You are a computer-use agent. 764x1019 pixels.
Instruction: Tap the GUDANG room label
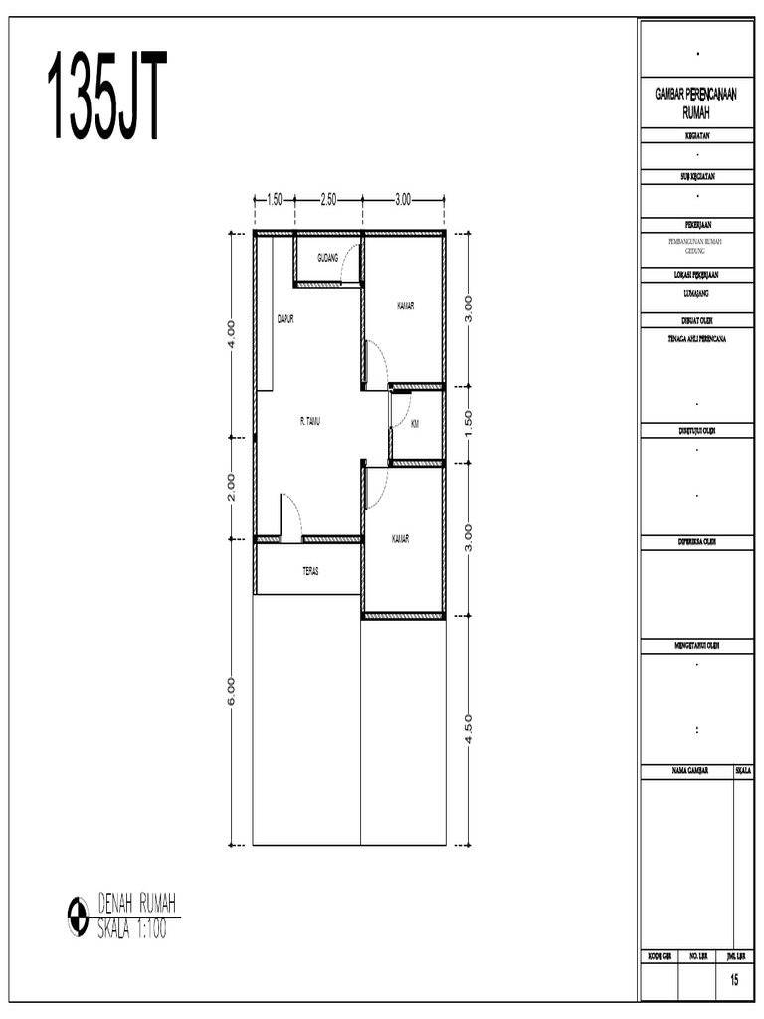pyautogui.click(x=327, y=258)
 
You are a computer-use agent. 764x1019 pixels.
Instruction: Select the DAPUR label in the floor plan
pyautogui.click(x=286, y=319)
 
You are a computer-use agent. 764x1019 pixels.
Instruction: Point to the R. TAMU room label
pyautogui.click(x=310, y=421)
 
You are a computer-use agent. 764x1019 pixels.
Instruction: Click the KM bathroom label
pyautogui.click(x=414, y=423)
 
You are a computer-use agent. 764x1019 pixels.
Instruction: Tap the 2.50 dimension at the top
pyautogui.click(x=328, y=199)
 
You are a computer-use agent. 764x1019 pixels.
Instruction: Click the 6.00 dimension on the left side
pyautogui.click(x=231, y=690)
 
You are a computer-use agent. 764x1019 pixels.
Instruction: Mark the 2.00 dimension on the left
pyautogui.click(x=231, y=485)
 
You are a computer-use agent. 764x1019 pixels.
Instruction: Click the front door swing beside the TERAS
pyautogui.click(x=290, y=515)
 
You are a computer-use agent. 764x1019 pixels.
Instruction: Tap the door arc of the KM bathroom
pyautogui.click(x=400, y=410)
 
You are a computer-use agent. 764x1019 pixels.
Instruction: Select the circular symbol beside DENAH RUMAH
pyautogui.click(x=78, y=917)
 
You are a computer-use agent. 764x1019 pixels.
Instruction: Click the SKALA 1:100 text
pyautogui.click(x=132, y=930)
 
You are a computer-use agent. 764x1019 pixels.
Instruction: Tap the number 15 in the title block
pyautogui.click(x=734, y=981)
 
